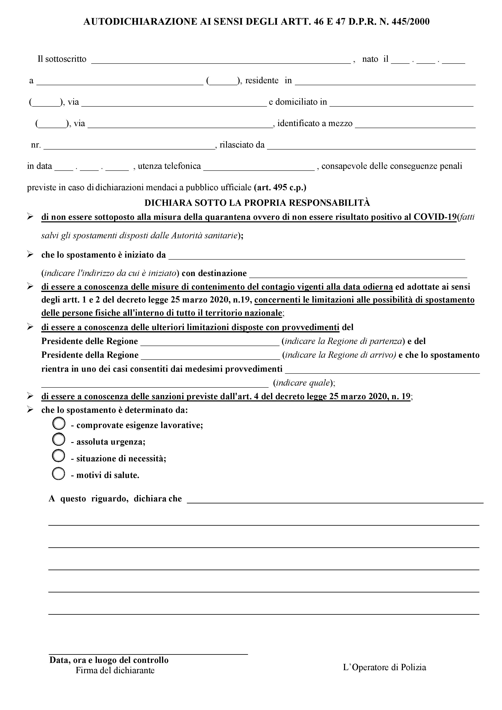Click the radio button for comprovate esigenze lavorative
59,424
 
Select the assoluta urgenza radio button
59,439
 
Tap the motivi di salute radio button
59,473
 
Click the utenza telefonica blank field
259,167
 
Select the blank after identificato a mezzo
415,124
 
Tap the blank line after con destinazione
358,274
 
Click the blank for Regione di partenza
210,342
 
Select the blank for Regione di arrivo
210,356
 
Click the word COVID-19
435,217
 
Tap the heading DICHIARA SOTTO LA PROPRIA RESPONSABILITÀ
257,203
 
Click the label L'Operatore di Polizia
384,667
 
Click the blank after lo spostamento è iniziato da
317,256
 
